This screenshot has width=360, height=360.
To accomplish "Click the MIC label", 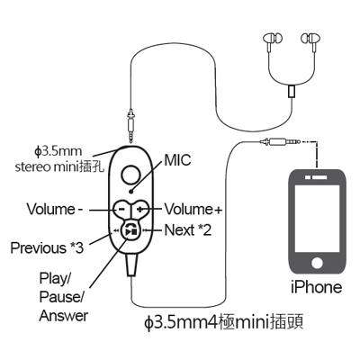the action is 177,160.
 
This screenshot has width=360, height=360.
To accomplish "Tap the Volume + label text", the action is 193,209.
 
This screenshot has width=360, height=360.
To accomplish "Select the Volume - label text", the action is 55,209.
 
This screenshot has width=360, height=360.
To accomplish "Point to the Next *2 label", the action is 188,230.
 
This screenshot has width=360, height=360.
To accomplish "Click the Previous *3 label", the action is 47,248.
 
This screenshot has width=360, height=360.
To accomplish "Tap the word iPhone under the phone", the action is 317,287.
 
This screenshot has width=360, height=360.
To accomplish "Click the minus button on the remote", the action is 121,209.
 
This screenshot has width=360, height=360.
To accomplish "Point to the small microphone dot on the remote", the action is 130,191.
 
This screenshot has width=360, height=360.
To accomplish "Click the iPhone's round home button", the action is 317,263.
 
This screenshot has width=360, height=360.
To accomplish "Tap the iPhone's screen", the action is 317,219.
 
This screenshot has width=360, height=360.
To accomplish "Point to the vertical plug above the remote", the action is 130,125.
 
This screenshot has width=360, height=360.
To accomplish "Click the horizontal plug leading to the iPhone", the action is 281,140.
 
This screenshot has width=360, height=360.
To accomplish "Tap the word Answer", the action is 64,316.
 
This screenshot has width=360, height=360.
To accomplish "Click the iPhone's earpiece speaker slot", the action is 317,177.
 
